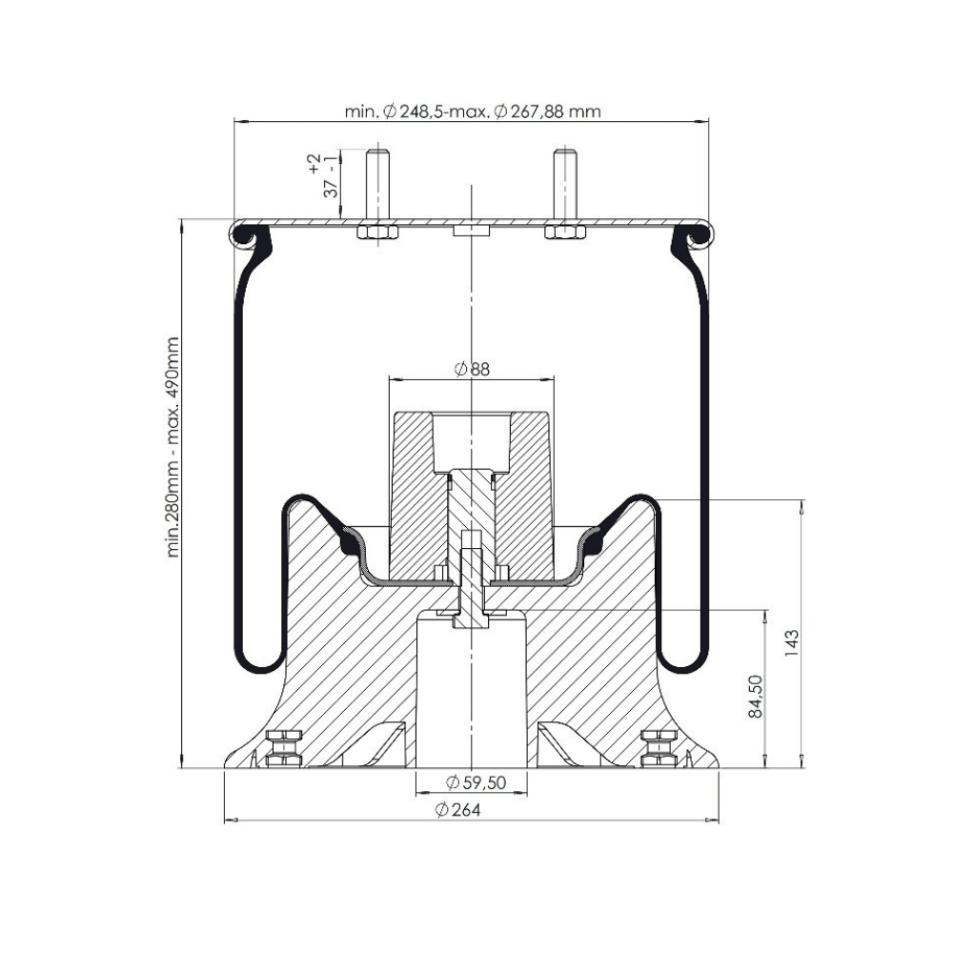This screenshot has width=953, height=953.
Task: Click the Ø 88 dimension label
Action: click(x=472, y=369)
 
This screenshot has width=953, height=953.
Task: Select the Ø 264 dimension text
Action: click(x=458, y=810)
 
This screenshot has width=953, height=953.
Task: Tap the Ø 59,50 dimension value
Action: click(x=476, y=782)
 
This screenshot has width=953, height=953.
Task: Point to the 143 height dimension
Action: click(x=791, y=643)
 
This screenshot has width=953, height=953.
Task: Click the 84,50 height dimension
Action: click(x=755, y=696)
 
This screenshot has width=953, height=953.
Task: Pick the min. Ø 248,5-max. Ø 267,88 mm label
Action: click(x=473, y=112)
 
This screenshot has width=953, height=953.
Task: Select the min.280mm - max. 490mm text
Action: click(x=173, y=447)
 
